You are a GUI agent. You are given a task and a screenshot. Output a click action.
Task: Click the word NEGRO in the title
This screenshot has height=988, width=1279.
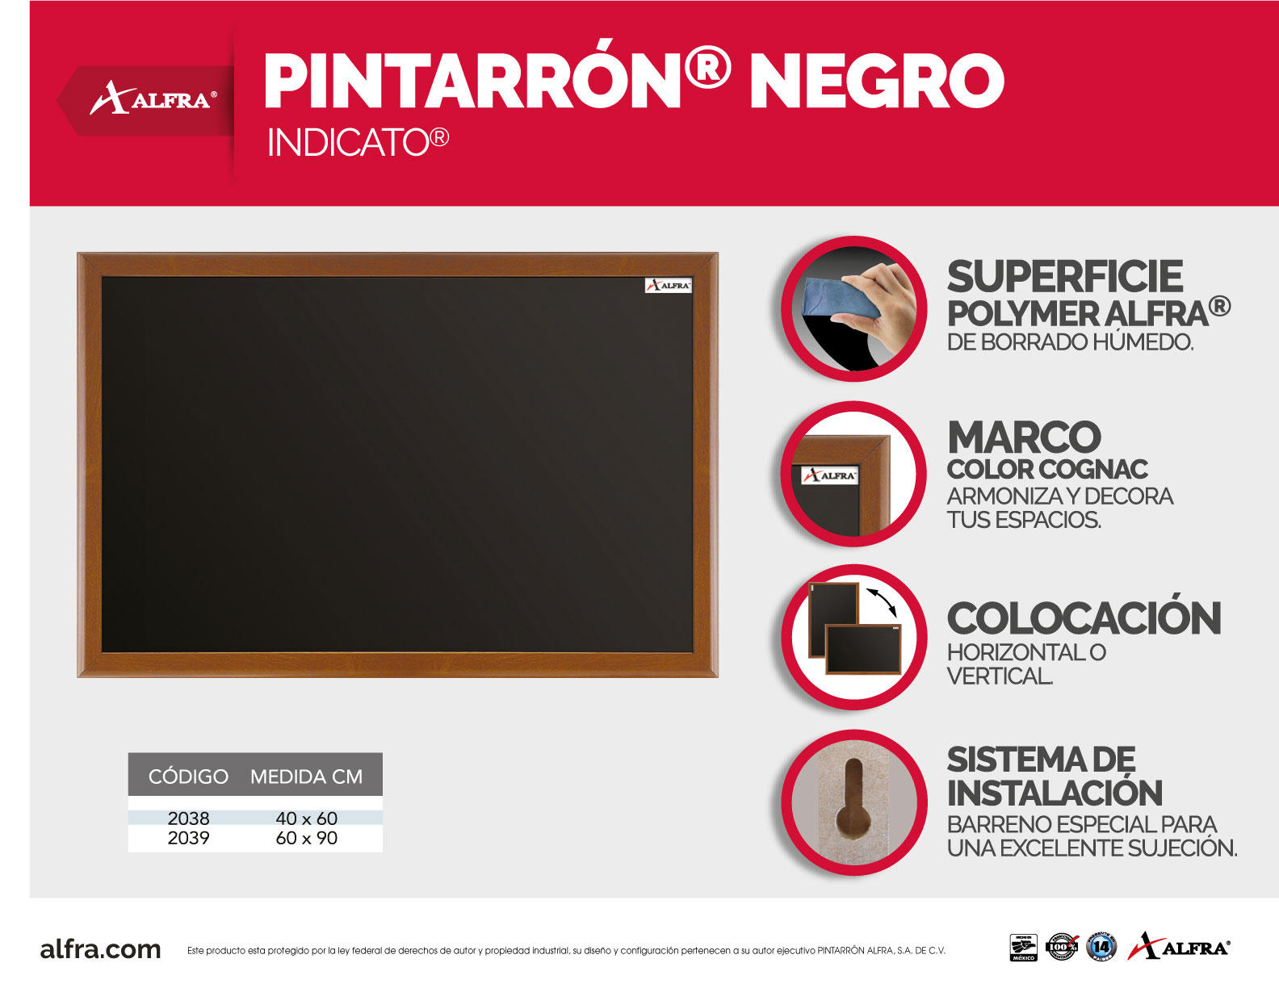(876, 82)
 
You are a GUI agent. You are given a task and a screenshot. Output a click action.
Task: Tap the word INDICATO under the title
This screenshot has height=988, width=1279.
(349, 143)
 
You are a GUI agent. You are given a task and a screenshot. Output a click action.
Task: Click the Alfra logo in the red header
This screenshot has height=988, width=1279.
(153, 99)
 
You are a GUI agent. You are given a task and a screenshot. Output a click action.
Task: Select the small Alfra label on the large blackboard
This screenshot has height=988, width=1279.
(668, 285)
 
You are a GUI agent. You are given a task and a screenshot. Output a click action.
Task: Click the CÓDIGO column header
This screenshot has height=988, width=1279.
(188, 777)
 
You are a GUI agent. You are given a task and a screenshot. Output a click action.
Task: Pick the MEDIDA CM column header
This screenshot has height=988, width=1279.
(306, 777)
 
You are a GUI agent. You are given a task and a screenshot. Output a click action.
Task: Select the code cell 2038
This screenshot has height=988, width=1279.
(188, 818)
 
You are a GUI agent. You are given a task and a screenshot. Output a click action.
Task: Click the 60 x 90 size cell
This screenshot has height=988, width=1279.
(306, 839)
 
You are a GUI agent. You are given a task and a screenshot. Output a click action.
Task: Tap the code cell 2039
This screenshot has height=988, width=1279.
(188, 839)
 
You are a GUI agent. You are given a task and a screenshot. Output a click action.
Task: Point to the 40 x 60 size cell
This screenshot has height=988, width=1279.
(306, 818)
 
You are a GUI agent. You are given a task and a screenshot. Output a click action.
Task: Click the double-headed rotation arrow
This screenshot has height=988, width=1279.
(882, 602)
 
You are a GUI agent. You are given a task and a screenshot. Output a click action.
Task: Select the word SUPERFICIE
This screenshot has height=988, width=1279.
(1064, 277)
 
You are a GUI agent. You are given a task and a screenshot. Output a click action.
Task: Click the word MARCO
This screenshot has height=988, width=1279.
(1024, 438)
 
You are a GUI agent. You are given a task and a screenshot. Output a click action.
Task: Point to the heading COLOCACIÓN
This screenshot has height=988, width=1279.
(1084, 619)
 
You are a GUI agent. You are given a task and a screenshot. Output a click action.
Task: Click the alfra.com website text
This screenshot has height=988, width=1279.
(100, 949)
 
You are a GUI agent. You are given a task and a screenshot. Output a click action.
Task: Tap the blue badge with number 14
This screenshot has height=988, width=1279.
(1101, 947)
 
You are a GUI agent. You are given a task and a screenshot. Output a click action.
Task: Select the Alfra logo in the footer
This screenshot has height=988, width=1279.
(1179, 946)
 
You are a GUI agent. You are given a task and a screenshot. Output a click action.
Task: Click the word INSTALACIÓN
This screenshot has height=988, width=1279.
(1055, 793)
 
